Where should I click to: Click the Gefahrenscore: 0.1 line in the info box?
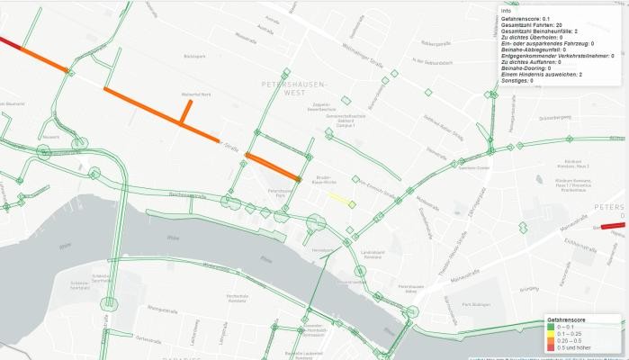click(526, 18)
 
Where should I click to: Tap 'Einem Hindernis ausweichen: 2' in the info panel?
click(544, 75)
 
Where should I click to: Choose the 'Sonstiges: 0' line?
click(517, 81)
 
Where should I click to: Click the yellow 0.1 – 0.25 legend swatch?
click(550, 334)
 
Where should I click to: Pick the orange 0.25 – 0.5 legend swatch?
click(550, 340)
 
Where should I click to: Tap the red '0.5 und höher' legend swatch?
click(550, 346)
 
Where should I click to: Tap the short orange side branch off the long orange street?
click(187, 112)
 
